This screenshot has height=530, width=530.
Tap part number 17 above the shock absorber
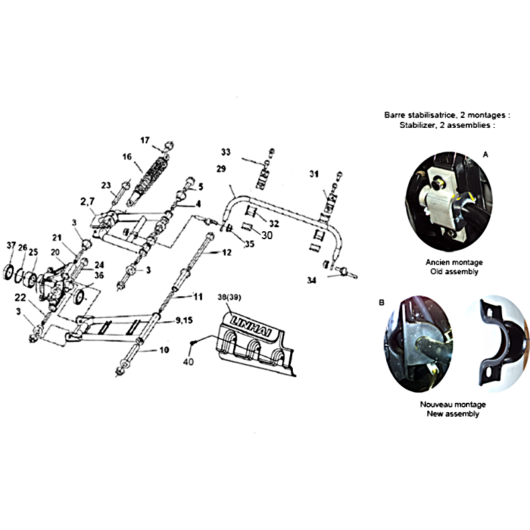(145, 140)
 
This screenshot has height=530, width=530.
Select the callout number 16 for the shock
(127, 157)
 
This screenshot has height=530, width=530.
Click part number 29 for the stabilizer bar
(221, 169)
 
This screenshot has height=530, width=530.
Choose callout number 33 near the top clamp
(226, 152)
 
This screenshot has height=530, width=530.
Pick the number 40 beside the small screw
(188, 362)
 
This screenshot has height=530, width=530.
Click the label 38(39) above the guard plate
(229, 297)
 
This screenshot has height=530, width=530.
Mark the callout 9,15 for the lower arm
(184, 320)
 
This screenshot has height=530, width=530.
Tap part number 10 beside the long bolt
(164, 350)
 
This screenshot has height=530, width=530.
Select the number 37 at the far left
(11, 245)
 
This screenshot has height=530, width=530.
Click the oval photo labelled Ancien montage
(449, 202)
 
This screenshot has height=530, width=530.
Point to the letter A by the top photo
(486, 154)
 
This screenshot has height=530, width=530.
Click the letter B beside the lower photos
(382, 302)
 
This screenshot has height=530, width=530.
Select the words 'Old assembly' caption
(454, 272)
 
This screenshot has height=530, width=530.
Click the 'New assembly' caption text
(453, 413)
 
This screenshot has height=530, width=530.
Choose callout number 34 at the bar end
(311, 280)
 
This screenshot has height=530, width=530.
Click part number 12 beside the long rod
(227, 252)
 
